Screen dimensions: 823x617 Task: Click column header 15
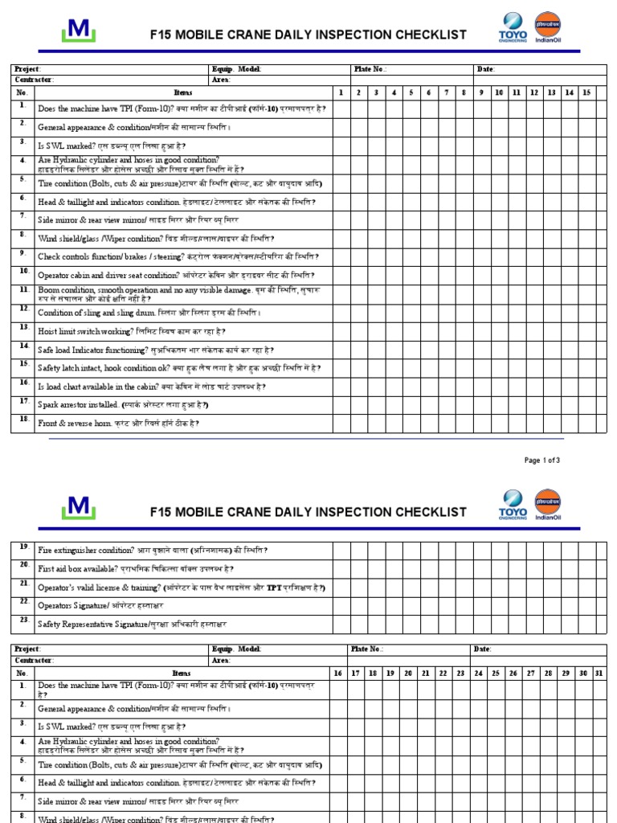(x=586, y=92)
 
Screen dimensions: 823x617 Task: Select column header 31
(x=599, y=673)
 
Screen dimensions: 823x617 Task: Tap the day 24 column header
(x=478, y=673)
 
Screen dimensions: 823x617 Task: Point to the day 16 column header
(x=337, y=673)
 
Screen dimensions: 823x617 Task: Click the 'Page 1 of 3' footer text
(x=541, y=461)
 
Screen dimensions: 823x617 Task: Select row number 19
(x=23, y=547)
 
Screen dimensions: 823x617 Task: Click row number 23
(x=23, y=620)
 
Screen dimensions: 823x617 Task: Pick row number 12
(x=23, y=309)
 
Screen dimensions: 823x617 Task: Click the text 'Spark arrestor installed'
(x=79, y=405)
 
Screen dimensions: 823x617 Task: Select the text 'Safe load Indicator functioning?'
(x=92, y=350)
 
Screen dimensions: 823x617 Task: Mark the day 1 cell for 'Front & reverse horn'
(x=341, y=423)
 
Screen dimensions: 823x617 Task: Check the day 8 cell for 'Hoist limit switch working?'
(x=464, y=330)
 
